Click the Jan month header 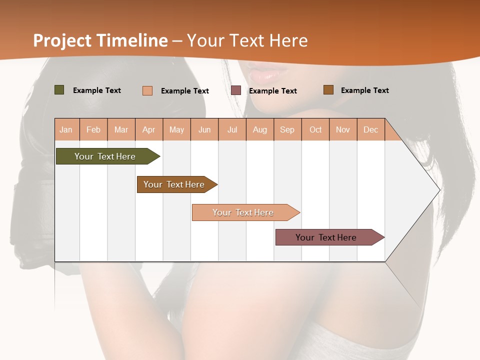click(x=66, y=129)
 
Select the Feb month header click(x=93, y=129)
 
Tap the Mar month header click(x=121, y=129)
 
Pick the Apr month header click(x=149, y=129)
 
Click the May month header click(x=176, y=129)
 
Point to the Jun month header click(x=204, y=129)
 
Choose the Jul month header click(x=232, y=129)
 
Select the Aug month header click(x=260, y=129)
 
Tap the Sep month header click(x=287, y=129)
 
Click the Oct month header click(x=315, y=129)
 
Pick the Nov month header click(x=343, y=129)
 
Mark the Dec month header click(x=371, y=129)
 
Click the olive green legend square click(x=59, y=90)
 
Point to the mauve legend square click(x=236, y=90)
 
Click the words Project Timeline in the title click(x=100, y=40)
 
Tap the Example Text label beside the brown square click(x=364, y=90)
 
